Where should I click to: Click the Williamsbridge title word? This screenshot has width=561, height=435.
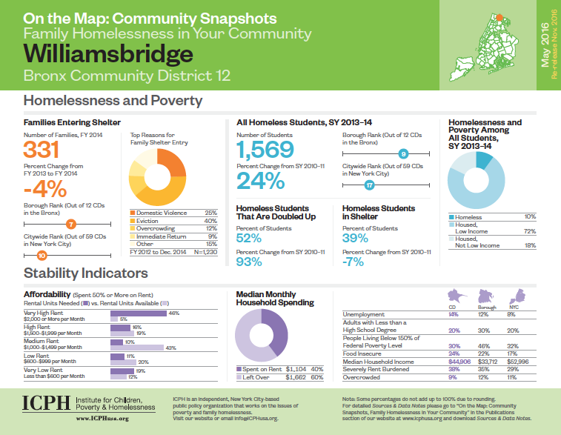(108, 54)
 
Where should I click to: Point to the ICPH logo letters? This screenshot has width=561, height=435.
(45, 403)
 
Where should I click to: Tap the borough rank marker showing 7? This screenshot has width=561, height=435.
(71, 223)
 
